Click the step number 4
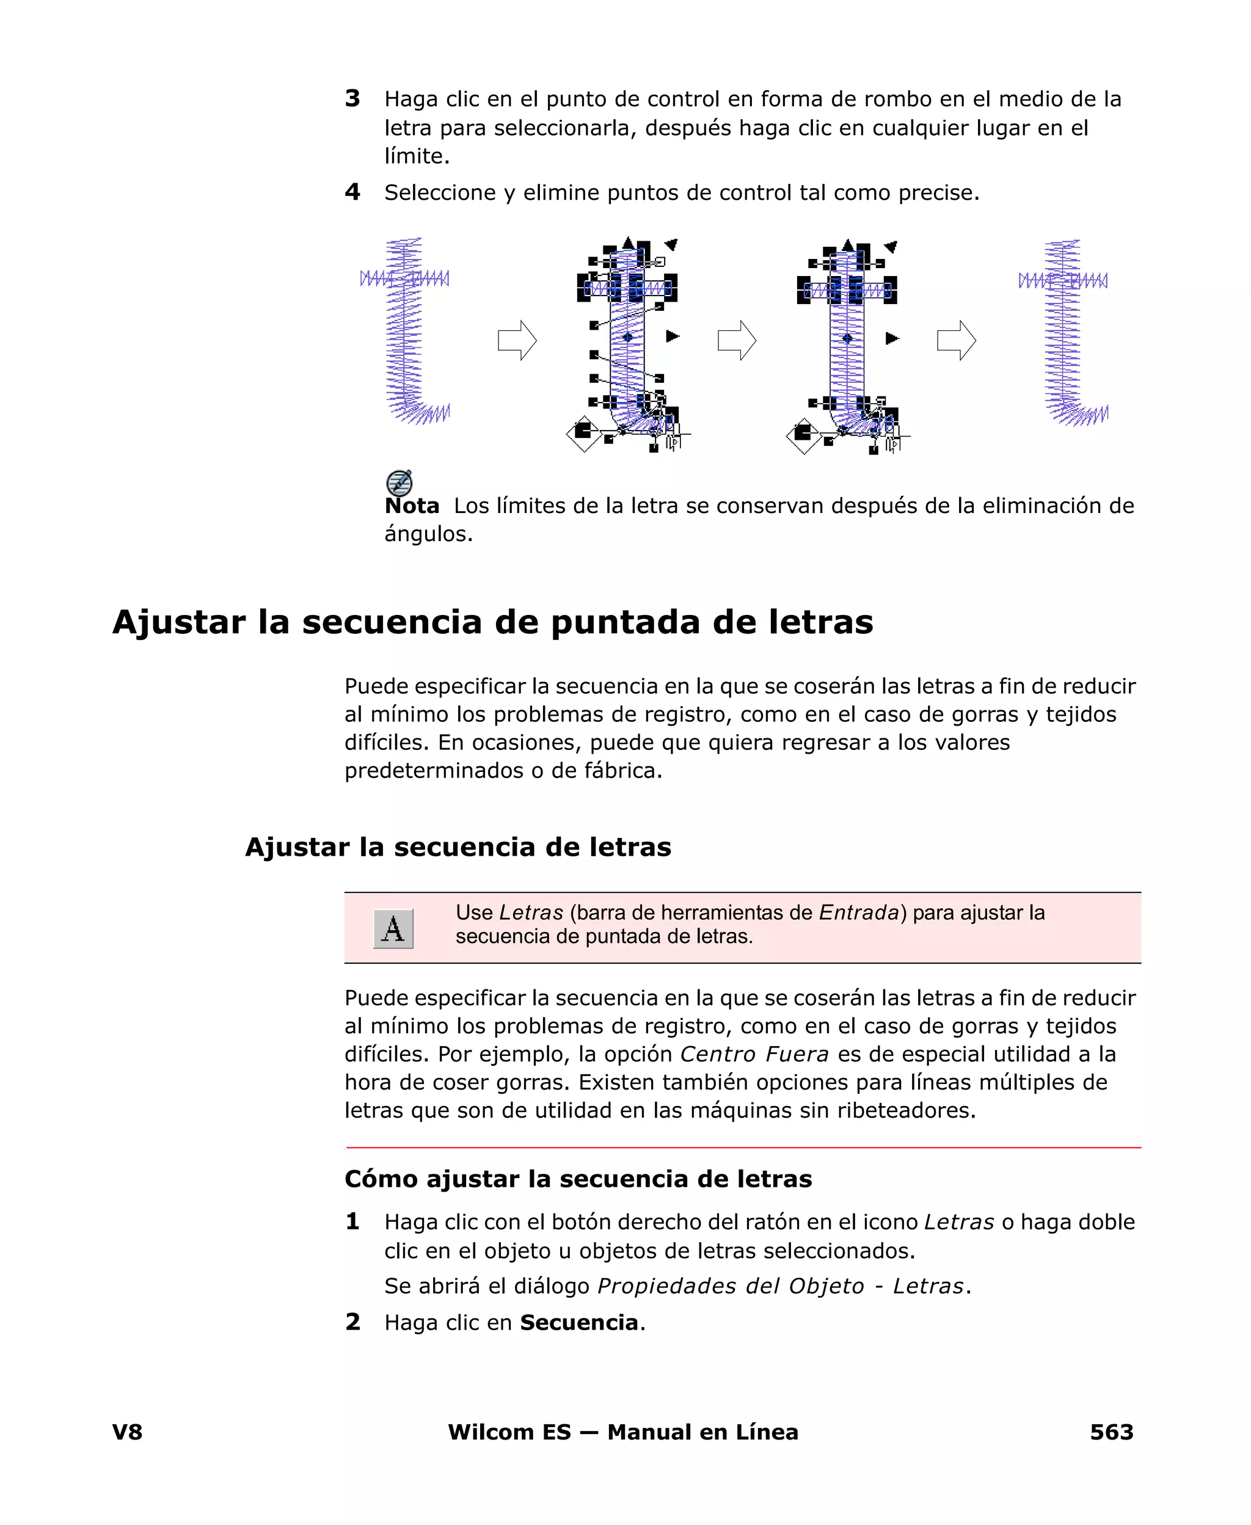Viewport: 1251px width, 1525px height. click(352, 192)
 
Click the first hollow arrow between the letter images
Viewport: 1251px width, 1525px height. click(517, 340)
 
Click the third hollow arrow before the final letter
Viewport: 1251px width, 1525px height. click(955, 340)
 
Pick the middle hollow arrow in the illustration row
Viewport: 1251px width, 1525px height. click(737, 340)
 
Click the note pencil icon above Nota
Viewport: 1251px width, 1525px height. click(399, 482)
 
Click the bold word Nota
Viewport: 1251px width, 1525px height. click(412, 506)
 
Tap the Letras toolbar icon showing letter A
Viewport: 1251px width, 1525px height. click(393, 928)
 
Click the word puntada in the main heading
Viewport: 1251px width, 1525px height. click(625, 622)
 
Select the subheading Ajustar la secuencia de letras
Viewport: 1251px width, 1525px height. click(458, 846)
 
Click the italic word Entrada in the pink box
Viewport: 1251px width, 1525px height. click(859, 912)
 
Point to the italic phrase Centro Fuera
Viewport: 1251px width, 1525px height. click(754, 1054)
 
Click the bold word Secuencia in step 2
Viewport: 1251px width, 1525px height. click(578, 1323)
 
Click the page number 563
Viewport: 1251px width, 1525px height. click(1111, 1432)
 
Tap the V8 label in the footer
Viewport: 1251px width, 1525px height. click(128, 1432)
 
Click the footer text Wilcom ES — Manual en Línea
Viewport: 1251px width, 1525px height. click(622, 1432)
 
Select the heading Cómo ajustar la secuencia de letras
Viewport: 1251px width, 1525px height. click(578, 1179)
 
